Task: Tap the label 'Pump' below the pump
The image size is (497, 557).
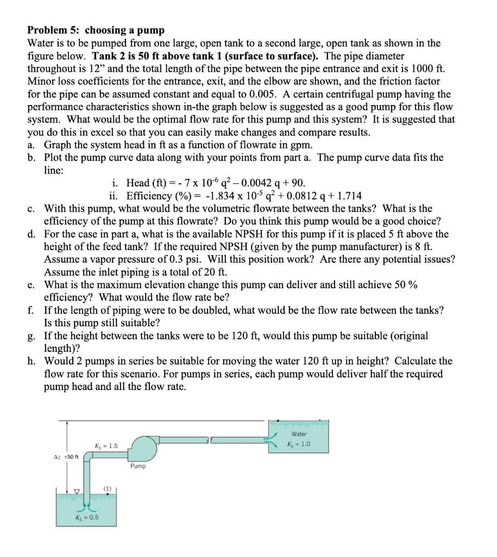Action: [138, 466]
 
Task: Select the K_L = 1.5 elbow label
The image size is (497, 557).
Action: [106, 446]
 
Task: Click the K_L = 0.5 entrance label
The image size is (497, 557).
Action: [86, 517]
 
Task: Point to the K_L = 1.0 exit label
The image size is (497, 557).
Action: [299, 444]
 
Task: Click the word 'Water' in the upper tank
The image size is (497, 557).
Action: [299, 434]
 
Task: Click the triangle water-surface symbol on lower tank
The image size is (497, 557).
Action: [77, 491]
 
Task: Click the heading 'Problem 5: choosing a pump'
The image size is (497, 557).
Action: [96, 30]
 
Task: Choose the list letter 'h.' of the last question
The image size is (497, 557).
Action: [33, 361]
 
